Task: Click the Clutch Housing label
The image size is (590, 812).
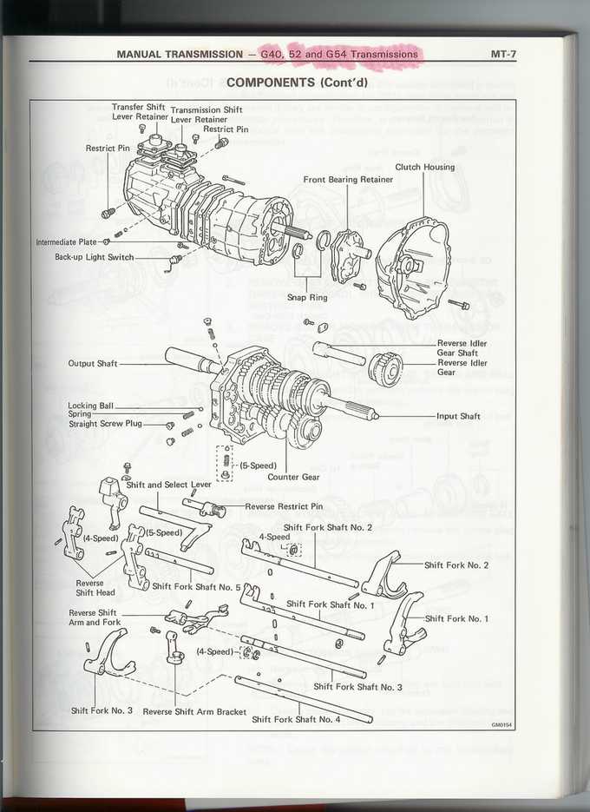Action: tap(424, 167)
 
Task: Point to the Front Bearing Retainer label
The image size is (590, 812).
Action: tap(348, 180)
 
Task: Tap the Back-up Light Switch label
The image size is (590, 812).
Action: tap(94, 257)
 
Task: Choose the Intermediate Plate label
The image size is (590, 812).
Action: tap(66, 242)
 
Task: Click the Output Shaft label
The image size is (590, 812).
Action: tap(92, 364)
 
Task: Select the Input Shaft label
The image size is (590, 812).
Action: tap(458, 416)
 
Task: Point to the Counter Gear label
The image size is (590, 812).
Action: tap(295, 477)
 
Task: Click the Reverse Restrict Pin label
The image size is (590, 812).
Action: tap(284, 506)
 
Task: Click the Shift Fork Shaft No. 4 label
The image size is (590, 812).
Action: tap(296, 719)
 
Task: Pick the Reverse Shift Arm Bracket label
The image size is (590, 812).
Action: tap(194, 711)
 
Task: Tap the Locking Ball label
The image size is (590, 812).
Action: tap(90, 406)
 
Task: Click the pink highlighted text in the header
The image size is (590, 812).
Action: tap(339, 54)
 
